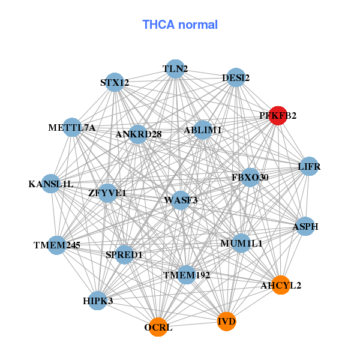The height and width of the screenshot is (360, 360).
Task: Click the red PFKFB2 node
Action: point(278,115)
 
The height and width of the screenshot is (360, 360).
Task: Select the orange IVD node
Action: point(226,322)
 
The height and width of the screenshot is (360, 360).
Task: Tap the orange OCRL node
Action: point(158,327)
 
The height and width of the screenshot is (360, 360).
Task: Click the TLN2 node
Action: point(175,69)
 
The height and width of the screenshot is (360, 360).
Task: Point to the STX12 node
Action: point(115,83)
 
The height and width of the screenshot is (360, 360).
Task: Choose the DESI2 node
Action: point(236,77)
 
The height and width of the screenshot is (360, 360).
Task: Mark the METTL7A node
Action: point(72,127)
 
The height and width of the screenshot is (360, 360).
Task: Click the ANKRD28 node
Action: point(139,134)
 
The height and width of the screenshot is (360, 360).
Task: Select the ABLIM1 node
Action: point(203,130)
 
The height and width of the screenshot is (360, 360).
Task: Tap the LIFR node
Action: point(309,166)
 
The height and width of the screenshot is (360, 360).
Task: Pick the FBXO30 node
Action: point(250,178)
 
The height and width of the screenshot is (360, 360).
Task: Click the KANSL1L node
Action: point(51,184)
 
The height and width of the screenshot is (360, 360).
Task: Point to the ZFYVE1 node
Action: point(107,193)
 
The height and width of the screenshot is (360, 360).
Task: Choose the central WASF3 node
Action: point(181,200)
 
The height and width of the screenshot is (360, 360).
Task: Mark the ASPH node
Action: point(305,227)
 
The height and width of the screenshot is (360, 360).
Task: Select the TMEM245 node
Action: point(56,245)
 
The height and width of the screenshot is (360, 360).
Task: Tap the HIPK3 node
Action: point(98,300)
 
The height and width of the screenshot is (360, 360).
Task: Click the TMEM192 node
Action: point(187,275)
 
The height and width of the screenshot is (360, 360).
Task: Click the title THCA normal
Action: point(180,25)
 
